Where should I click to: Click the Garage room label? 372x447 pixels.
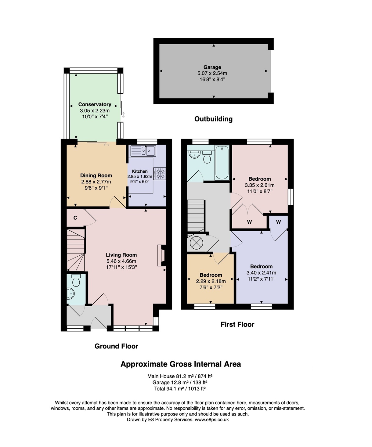coord(212,67)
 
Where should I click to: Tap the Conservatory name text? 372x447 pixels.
coord(95,104)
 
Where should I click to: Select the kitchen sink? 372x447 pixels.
coord(143,151)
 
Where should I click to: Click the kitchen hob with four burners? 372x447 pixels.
coord(160,174)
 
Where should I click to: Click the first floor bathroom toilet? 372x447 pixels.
coord(207,157)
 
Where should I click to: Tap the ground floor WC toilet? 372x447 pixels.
coord(76,280)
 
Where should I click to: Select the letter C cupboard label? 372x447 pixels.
coord(75,218)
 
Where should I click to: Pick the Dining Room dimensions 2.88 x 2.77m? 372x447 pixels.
coord(96,182)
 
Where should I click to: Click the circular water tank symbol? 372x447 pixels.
coord(197,243)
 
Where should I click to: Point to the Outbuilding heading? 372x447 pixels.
coord(213,119)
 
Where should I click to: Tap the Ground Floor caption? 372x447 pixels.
coord(116,346)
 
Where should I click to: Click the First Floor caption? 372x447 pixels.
coord(237,324)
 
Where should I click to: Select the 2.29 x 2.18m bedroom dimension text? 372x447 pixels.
coord(211,281)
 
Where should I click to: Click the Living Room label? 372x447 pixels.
coord(121,255)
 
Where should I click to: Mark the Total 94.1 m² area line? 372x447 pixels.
coord(180,388)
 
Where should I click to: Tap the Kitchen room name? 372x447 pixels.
coord(140,171)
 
